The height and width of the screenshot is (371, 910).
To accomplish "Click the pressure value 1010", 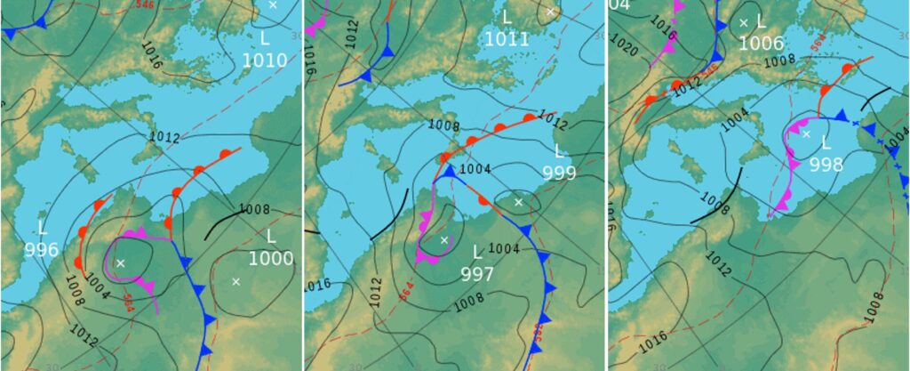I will (264, 60).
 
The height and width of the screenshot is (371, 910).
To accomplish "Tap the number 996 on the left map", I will (41, 250).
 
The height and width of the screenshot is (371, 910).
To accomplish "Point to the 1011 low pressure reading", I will (507, 39).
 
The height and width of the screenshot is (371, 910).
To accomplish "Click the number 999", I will (559, 173).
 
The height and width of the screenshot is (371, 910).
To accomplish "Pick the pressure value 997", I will (477, 274).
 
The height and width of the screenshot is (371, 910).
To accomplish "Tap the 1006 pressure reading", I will (761, 44).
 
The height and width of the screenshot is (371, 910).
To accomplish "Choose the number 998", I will (826, 165).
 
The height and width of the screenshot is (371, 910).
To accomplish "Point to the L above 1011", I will (507, 17).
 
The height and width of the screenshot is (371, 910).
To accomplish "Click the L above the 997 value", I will (477, 253).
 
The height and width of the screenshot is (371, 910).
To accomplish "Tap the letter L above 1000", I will (271, 236).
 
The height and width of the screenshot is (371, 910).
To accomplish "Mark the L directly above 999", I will (560, 151).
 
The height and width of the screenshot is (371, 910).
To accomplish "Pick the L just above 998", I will (826, 143).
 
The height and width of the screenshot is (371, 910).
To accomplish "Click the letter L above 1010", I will (264, 38).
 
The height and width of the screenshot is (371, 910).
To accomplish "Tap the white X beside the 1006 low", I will (743, 23).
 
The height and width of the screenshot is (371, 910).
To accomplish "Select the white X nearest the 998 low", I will (806, 134).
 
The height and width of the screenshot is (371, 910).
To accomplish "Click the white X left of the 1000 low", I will (235, 282).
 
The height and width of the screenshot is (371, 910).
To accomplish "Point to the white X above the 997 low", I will (444, 240).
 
